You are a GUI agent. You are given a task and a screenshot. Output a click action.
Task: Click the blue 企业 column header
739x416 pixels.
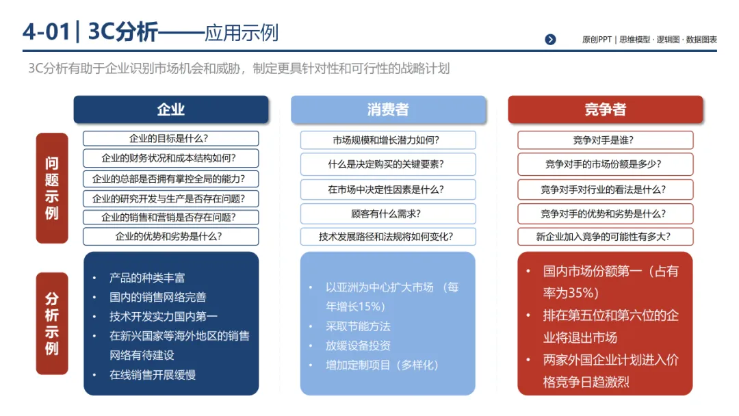click(x=171, y=109)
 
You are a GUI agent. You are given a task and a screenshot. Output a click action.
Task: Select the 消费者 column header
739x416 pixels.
click(x=388, y=109)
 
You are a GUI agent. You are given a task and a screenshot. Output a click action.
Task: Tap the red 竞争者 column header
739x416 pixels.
click(x=606, y=109)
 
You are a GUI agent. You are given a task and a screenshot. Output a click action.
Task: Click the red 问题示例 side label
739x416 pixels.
click(x=52, y=187)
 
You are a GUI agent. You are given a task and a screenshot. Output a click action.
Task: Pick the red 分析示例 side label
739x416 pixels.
click(x=52, y=323)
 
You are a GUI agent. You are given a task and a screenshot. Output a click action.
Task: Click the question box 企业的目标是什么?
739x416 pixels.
click(x=171, y=138)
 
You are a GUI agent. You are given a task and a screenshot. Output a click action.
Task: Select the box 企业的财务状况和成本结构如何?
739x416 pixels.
click(x=171, y=158)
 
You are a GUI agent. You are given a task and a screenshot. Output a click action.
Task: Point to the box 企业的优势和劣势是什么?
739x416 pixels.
click(x=171, y=237)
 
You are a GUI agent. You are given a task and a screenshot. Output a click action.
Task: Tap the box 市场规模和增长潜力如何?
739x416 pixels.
click(x=388, y=140)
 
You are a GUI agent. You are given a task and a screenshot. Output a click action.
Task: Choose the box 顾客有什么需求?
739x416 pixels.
click(x=388, y=213)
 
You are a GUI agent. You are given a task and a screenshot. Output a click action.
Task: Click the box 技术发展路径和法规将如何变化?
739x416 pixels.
click(x=388, y=237)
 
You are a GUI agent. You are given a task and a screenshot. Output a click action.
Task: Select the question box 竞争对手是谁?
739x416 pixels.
click(x=606, y=140)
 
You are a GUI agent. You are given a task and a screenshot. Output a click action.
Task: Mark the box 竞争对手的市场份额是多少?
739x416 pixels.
click(x=606, y=164)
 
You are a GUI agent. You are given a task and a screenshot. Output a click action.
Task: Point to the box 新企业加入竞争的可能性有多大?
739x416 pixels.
click(x=606, y=237)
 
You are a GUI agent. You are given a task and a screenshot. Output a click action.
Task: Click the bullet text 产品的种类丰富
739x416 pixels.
click(x=147, y=278)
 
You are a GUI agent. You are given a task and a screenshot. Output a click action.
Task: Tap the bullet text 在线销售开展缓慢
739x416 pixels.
click(x=153, y=375)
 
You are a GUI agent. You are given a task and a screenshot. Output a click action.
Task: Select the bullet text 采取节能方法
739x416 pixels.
click(x=358, y=326)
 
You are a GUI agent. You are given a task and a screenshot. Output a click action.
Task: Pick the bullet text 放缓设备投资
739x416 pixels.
click(x=358, y=346)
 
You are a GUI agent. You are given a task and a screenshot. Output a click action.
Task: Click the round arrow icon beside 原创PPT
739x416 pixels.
click(x=550, y=40)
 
